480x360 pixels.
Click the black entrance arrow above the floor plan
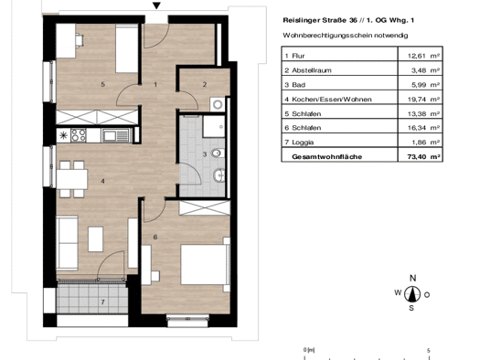[156, 5]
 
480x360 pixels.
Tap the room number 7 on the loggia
[102, 302]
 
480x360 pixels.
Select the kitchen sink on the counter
[115, 135]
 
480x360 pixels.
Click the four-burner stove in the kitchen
[79, 135]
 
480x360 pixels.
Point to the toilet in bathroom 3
[218, 153]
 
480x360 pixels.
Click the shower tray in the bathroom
[214, 126]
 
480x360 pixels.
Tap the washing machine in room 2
[218, 104]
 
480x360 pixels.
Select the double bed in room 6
[205, 264]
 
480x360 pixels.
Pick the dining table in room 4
[72, 179]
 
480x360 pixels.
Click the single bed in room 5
[127, 49]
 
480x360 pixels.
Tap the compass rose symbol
[412, 294]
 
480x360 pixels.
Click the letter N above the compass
[412, 278]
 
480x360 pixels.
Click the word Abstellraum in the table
[312, 70]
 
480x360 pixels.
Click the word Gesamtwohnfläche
[327, 156]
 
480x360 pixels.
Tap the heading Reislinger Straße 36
[320, 20]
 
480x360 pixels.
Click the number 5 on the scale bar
[429, 351]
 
